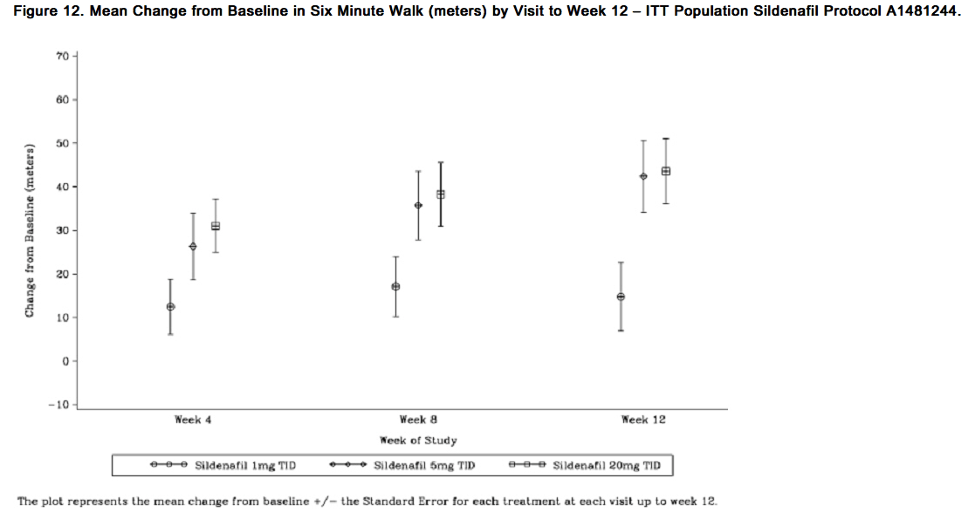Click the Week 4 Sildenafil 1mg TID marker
tap(170, 307)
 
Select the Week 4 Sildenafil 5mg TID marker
tap(193, 247)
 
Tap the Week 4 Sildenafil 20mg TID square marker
tap(216, 226)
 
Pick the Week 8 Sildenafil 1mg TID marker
tap(395, 287)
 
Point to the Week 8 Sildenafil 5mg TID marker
tap(418, 205)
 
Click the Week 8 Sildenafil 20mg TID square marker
tap(441, 195)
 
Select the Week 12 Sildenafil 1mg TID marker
tap(621, 297)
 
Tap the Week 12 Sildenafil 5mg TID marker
tap(643, 176)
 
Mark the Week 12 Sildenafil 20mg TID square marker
tap(666, 171)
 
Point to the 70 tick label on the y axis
tap(61, 57)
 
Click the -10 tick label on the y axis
tap(58, 405)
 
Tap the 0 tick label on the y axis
tap(65, 361)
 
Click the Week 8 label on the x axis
tap(418, 420)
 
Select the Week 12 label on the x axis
tap(643, 420)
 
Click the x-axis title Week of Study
tap(418, 440)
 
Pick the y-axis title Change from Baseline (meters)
tap(30, 229)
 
